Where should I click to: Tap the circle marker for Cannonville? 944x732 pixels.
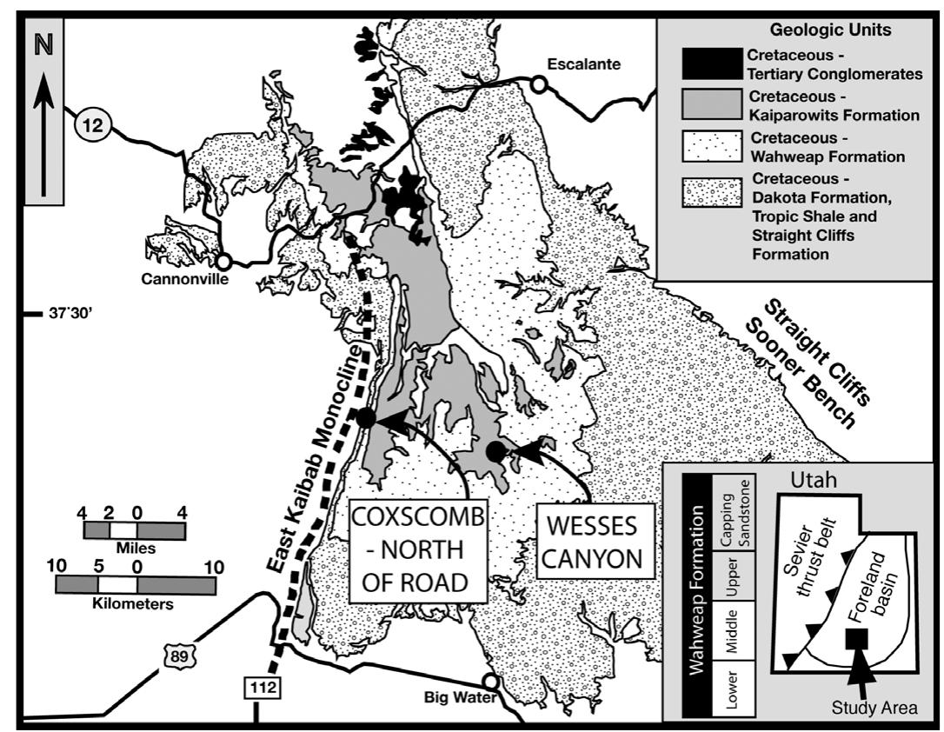pyautogui.click(x=223, y=261)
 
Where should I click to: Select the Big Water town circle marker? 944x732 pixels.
pyautogui.click(x=491, y=682)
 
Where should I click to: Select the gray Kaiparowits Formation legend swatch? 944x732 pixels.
pyautogui.click(x=711, y=103)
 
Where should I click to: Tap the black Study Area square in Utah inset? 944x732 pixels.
pyautogui.click(x=857, y=640)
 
